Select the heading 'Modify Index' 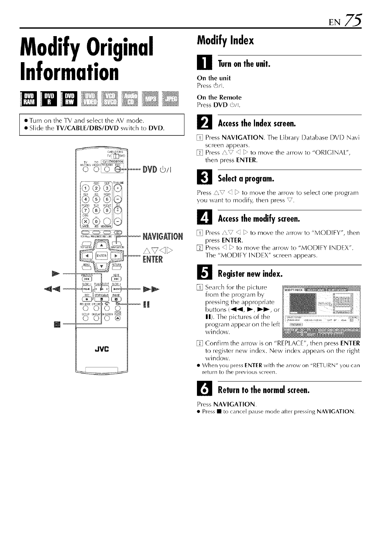point(226,40)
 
